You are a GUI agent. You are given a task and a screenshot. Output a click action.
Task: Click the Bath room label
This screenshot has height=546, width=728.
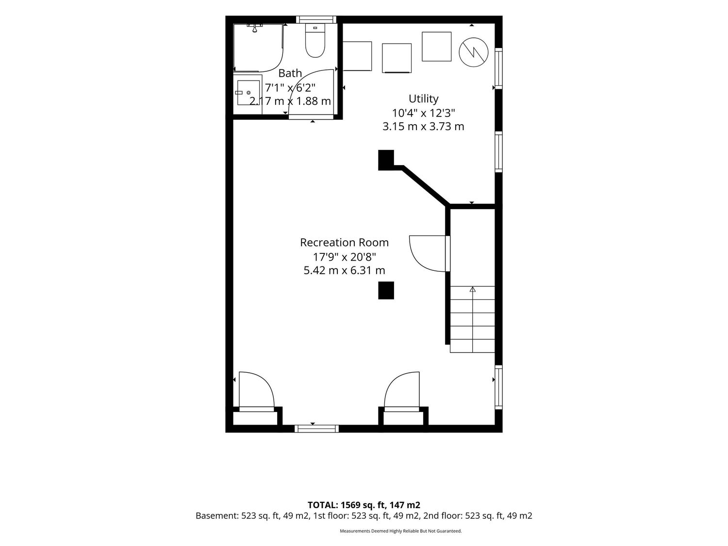click(290, 73)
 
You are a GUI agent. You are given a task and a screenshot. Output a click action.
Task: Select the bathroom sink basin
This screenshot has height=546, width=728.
click(248, 93)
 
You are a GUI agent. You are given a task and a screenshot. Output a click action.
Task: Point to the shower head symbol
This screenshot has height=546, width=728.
click(255, 28)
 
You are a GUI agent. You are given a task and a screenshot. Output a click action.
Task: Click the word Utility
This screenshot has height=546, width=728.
click(423, 99)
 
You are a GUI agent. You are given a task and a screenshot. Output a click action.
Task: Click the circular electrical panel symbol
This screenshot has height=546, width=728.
click(473, 52)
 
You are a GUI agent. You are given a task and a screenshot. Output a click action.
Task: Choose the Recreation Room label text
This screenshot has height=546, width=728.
click(344, 243)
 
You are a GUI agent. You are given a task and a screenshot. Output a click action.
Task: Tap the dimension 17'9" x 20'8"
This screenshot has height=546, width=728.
click(344, 257)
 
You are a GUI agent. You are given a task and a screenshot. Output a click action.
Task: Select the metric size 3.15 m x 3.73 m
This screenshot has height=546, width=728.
click(423, 127)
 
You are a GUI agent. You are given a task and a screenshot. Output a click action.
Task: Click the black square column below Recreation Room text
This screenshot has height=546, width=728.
click(386, 290)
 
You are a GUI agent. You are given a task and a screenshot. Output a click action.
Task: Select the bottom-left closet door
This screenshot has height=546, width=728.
click(257, 391)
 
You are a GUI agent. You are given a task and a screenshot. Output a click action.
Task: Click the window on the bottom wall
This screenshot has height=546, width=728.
click(317, 429)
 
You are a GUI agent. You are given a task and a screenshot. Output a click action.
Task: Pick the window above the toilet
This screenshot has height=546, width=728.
click(316, 19)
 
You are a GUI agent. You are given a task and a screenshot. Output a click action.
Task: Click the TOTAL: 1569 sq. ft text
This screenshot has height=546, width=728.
click(347, 505)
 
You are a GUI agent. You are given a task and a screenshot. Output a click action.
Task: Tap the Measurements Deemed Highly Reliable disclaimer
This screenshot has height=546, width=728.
click(401, 531)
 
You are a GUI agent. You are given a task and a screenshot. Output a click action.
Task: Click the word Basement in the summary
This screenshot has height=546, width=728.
click(216, 515)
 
